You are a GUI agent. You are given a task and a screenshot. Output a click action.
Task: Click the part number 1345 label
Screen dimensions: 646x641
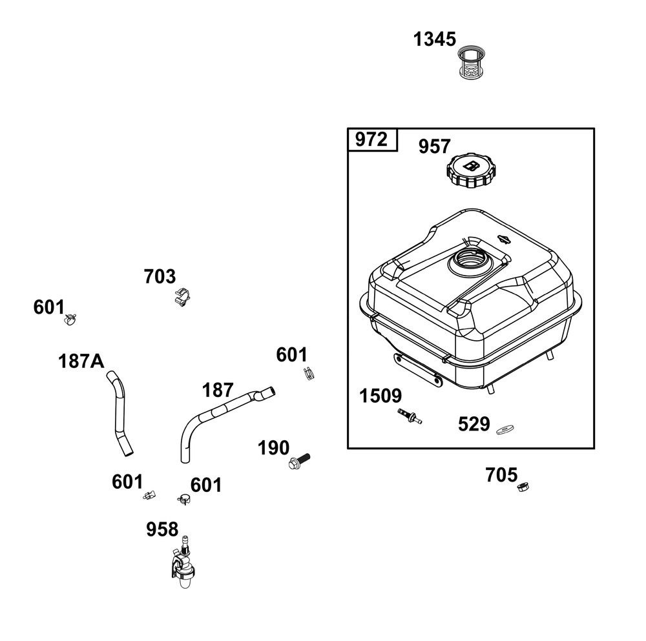tap(434, 39)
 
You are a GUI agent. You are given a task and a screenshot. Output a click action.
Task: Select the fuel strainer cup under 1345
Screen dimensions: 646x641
tap(472, 62)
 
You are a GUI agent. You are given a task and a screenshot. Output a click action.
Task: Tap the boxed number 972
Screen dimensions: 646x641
tap(371, 139)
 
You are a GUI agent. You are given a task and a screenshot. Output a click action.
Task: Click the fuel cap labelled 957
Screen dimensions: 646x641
tap(472, 170)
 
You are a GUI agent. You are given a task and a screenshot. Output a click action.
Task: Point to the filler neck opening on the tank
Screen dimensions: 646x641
tap(470, 262)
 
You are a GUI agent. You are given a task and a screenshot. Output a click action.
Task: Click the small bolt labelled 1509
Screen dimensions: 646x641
tap(410, 416)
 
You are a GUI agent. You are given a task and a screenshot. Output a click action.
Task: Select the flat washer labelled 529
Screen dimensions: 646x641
tap(505, 430)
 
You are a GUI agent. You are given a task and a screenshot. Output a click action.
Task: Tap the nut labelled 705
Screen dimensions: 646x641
tap(523, 487)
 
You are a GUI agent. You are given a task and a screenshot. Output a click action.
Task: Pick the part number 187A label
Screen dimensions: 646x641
tap(81, 361)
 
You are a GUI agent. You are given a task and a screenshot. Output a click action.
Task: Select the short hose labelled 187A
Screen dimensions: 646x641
tap(119, 412)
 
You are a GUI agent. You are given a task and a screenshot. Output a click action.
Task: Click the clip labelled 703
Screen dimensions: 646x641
tap(182, 297)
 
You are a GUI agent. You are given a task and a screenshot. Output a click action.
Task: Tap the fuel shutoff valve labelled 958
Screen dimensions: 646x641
tap(183, 562)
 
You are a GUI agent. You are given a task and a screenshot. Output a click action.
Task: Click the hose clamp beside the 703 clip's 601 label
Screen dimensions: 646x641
tap(70, 319)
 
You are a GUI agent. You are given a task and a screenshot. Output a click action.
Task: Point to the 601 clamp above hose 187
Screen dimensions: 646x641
tap(309, 373)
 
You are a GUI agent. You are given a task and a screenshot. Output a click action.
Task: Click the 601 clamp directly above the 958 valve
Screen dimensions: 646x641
tap(183, 500)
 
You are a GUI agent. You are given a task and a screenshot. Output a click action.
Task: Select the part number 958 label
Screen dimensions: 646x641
tap(162, 529)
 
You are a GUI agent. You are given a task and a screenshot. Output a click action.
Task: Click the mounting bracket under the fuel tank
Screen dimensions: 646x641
tap(418, 370)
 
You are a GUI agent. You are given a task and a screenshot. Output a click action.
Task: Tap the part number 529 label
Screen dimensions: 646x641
tap(474, 424)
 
